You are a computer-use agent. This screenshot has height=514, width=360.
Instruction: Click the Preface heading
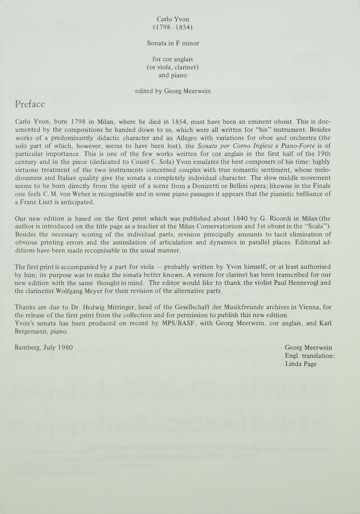click(30, 104)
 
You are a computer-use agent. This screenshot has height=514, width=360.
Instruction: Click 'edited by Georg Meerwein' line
click(180, 91)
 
